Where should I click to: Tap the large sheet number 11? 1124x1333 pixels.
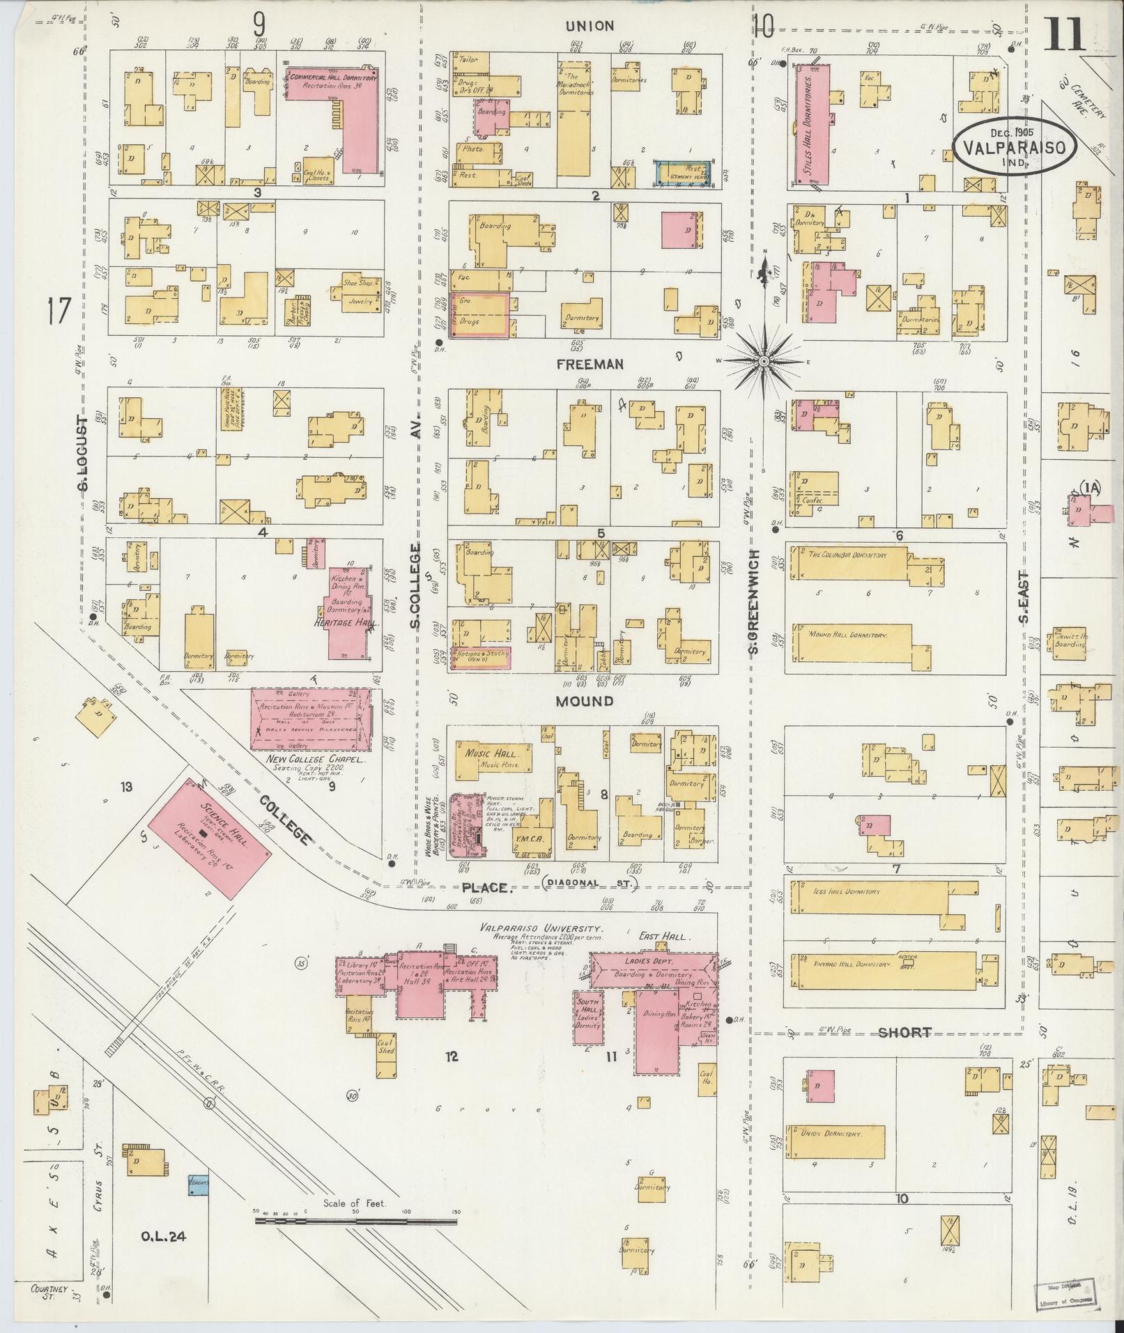point(1064,33)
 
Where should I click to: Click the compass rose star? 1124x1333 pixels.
point(763,361)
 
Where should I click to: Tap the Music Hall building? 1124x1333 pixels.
point(494,760)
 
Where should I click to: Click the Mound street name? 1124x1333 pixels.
point(584,701)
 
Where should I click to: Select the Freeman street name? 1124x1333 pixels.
point(590,364)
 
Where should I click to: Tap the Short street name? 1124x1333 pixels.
point(904,1033)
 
